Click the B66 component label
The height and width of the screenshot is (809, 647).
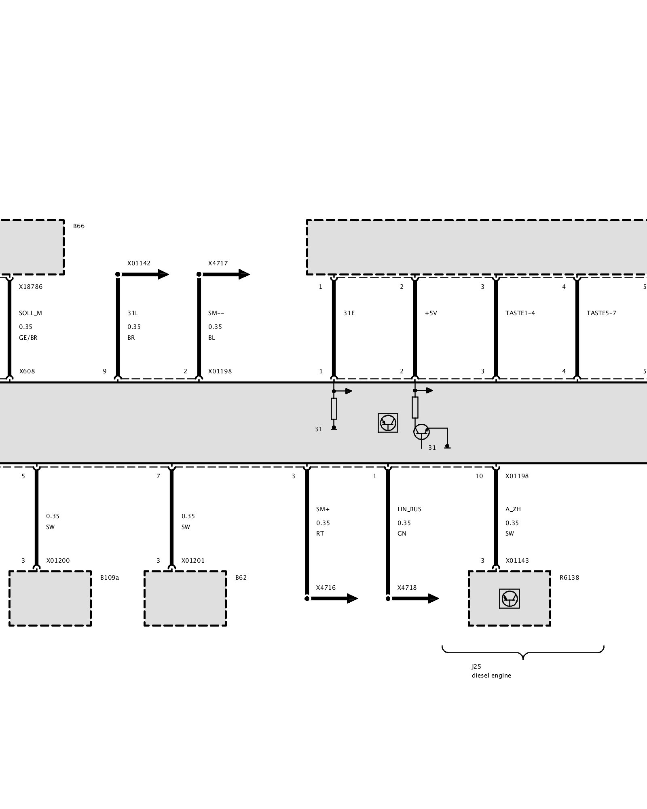79,226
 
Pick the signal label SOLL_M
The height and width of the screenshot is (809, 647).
30,313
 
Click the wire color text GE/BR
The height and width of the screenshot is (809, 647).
28,338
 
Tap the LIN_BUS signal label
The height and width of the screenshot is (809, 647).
409,509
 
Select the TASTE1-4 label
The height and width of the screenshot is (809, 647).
520,313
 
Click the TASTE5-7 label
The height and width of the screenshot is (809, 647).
601,313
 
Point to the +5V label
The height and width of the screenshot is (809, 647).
431,313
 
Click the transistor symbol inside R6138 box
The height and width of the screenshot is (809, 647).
510,599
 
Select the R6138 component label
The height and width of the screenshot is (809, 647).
569,578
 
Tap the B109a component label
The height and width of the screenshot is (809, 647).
110,578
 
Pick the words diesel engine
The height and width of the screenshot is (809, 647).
491,676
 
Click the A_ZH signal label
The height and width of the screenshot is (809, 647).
513,509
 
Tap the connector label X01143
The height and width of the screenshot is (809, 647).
517,561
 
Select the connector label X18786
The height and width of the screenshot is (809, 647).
31,287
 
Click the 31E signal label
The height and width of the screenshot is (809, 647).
349,313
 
